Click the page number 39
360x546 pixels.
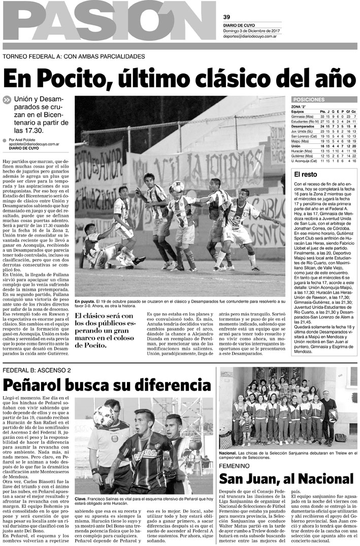[x=227, y=16]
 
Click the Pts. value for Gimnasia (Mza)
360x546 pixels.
[x=322, y=117]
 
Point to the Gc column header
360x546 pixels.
[x=354, y=112]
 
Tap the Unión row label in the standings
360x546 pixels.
[x=297, y=146]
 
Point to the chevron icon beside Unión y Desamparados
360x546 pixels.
[x=7, y=100]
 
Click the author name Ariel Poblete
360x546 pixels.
[x=33, y=140]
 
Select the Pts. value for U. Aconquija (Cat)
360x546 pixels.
[x=322, y=161]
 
